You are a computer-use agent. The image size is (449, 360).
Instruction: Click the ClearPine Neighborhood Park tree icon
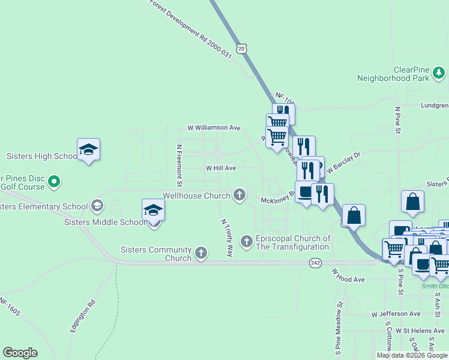pyautogui.click(x=439, y=73)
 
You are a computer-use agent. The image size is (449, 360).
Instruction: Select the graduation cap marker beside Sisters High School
pyautogui.click(x=88, y=150)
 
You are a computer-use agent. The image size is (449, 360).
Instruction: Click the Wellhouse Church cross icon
pyautogui.click(x=240, y=194)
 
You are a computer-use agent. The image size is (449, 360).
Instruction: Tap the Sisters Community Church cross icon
pyautogui.click(x=201, y=253)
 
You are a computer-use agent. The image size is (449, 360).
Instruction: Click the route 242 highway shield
pyautogui.click(x=315, y=263)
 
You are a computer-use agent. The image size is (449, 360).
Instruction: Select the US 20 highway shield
pyautogui.click(x=241, y=48)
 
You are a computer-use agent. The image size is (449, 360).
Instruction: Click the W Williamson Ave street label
pyautogui.click(x=214, y=128)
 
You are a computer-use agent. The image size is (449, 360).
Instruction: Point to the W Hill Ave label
pyautogui.click(x=221, y=169)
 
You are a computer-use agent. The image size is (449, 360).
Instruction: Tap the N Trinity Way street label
pyautogui.click(x=226, y=238)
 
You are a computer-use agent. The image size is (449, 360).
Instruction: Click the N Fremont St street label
pyautogui.click(x=179, y=164)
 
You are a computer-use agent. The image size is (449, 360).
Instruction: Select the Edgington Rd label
pyautogui.click(x=82, y=315)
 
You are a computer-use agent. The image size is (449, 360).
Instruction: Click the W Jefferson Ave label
pyautogui.click(x=396, y=314)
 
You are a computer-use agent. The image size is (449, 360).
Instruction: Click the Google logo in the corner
pyautogui.click(x=20, y=353)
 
